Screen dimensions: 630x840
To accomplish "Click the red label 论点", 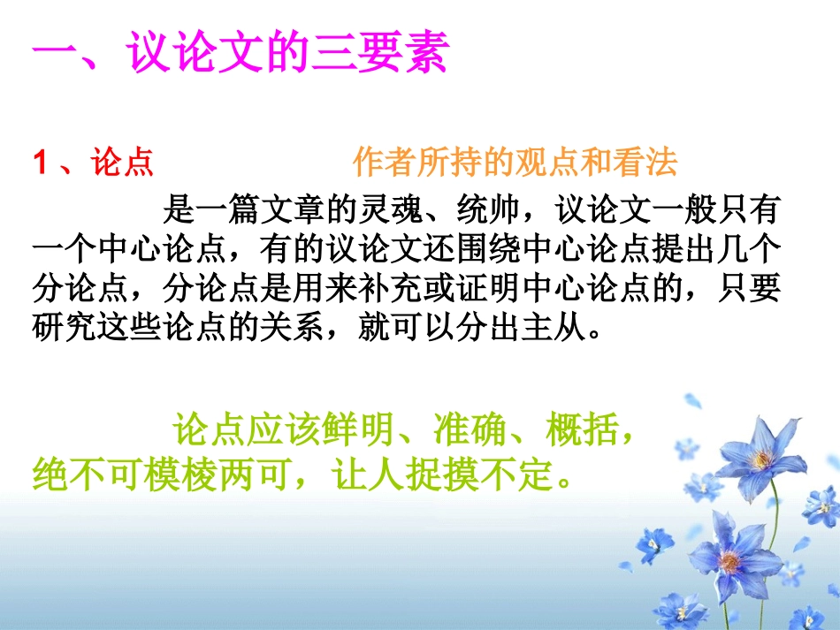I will pos(123,163).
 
